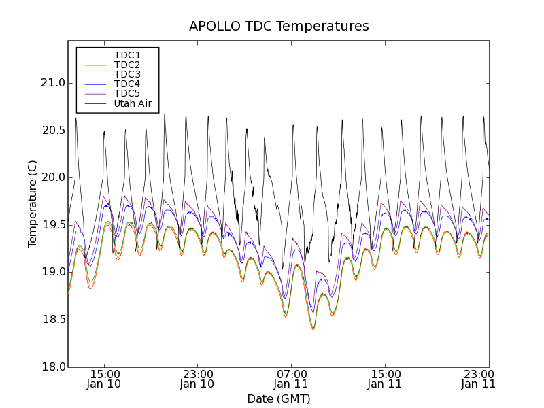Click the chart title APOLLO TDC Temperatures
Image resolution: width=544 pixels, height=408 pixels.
(279, 27)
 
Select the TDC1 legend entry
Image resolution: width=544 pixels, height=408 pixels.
(127, 55)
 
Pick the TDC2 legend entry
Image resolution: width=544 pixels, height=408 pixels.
(127, 65)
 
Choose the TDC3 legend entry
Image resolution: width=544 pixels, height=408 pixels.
(127, 74)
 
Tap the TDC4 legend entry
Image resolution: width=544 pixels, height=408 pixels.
(127, 84)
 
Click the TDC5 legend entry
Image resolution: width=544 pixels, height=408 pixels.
(127, 93)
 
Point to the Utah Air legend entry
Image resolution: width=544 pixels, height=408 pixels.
(133, 103)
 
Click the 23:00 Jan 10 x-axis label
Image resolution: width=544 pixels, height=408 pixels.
(197, 378)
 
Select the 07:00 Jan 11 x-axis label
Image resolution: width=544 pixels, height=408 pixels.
(291, 378)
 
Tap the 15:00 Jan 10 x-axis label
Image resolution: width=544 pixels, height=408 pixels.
(104, 378)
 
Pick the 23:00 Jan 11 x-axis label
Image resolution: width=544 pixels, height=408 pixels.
(478, 378)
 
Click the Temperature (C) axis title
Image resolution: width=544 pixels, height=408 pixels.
(33, 204)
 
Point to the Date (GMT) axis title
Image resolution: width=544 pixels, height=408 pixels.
(279, 398)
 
